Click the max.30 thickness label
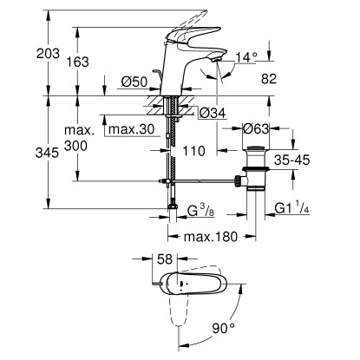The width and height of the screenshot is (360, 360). click(x=131, y=129)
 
